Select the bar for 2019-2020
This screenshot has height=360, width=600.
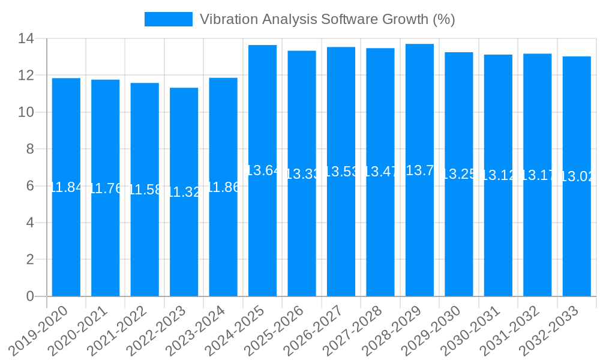66,240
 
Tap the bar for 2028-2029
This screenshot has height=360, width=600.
419,240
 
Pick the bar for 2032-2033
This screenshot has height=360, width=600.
577,240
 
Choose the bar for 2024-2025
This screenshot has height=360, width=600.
262,240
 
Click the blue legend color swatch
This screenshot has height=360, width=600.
169,19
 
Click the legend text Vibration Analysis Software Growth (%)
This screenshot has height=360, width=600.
327,19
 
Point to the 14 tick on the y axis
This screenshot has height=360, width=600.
26,39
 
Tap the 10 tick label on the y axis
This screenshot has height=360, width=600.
26,112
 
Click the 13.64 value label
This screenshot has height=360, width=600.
262,170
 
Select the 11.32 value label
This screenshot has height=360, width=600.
184,192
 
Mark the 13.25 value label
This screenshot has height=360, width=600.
459,174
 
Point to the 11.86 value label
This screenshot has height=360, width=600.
223,187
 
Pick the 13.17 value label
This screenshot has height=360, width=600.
538,175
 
